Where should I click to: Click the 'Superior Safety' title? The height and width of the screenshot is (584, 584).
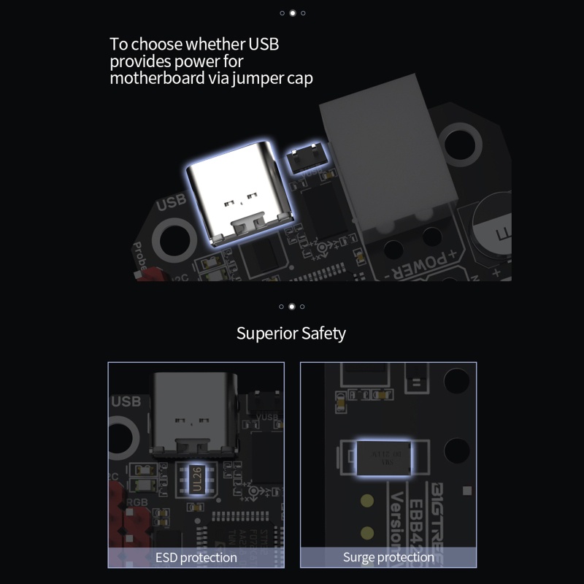[291, 334]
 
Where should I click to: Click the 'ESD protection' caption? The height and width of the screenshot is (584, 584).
[196, 558]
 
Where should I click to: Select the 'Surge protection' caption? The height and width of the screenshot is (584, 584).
[388, 558]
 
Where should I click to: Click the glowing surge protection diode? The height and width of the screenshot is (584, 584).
[383, 457]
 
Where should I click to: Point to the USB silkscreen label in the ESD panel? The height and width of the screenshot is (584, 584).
[126, 401]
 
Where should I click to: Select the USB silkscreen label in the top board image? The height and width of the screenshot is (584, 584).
[171, 201]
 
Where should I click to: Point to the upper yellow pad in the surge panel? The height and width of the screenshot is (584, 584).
[367, 502]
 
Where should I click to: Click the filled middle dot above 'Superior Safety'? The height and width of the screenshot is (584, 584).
[292, 307]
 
